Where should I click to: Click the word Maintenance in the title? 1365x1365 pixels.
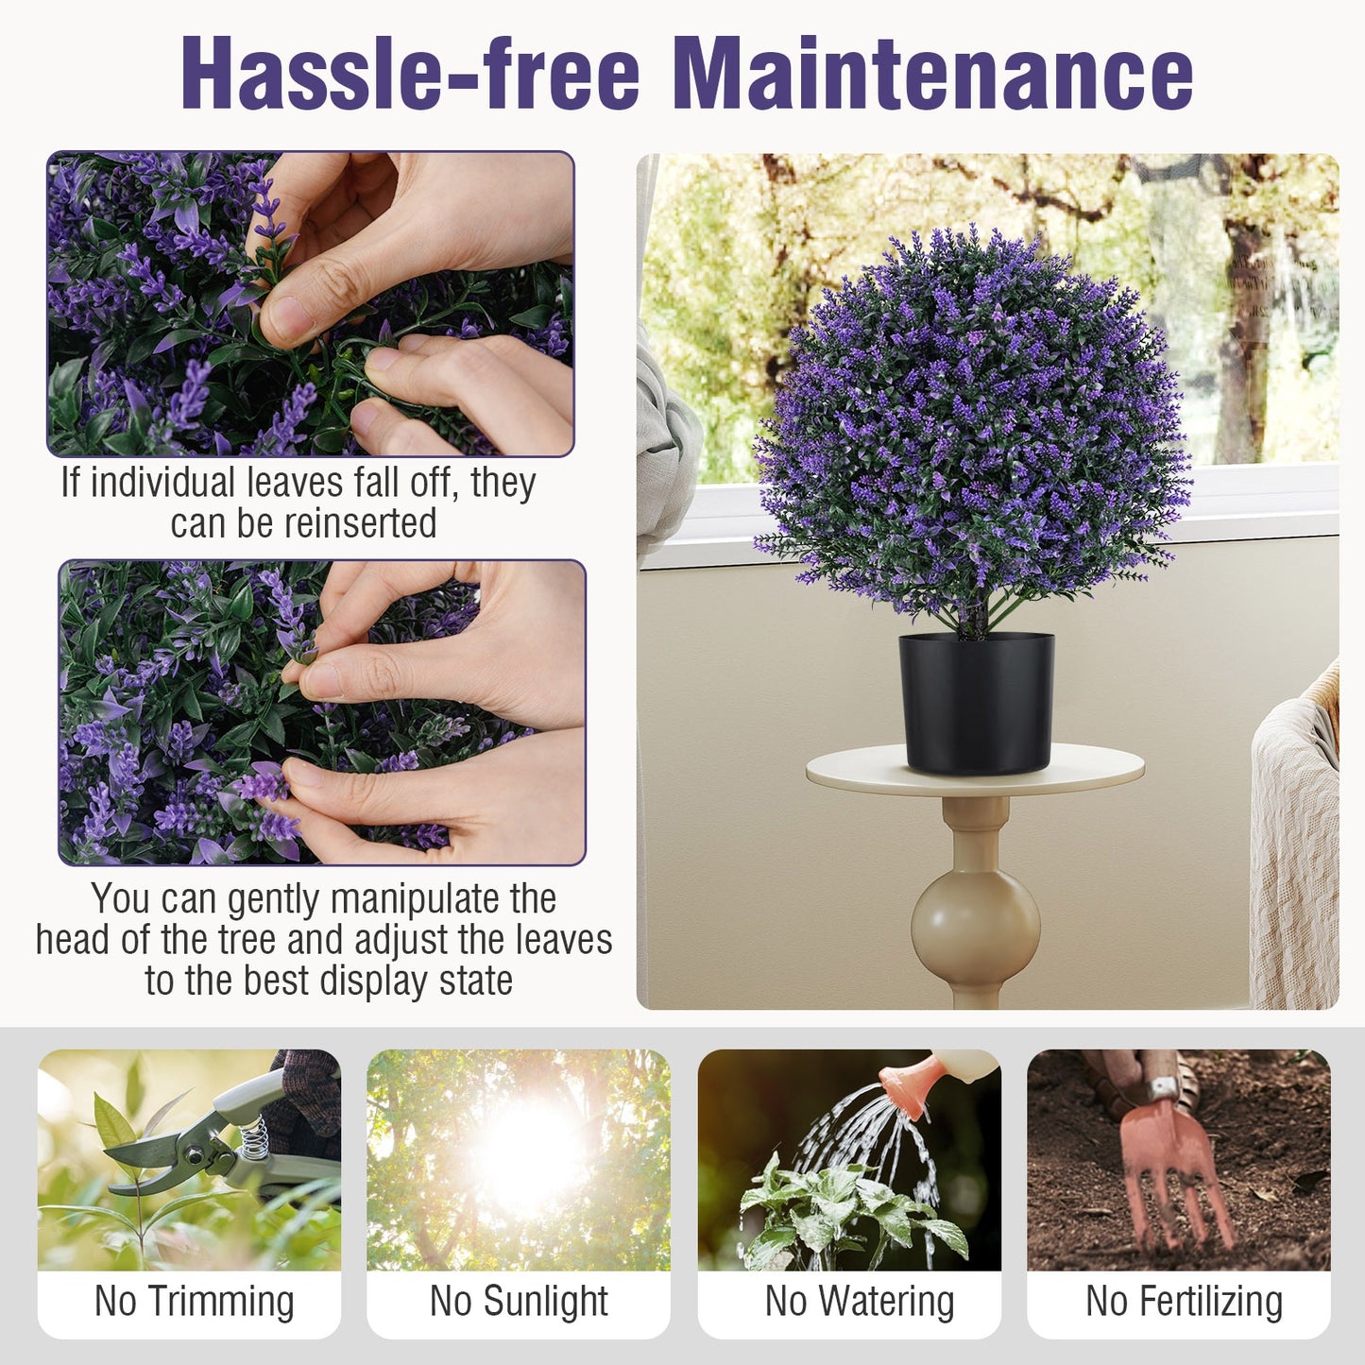pos(932,74)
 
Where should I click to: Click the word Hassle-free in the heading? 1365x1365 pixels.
pos(410,74)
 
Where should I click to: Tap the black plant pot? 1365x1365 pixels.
pos(976,703)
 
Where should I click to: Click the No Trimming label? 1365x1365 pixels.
pos(194,1302)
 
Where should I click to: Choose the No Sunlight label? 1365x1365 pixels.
pos(519,1302)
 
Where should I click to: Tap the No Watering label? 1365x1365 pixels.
pos(859,1302)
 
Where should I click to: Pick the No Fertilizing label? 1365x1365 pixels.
pos(1184,1302)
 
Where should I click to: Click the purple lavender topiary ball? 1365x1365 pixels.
pos(973,425)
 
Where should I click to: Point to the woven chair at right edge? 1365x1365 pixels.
pos(1299,850)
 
